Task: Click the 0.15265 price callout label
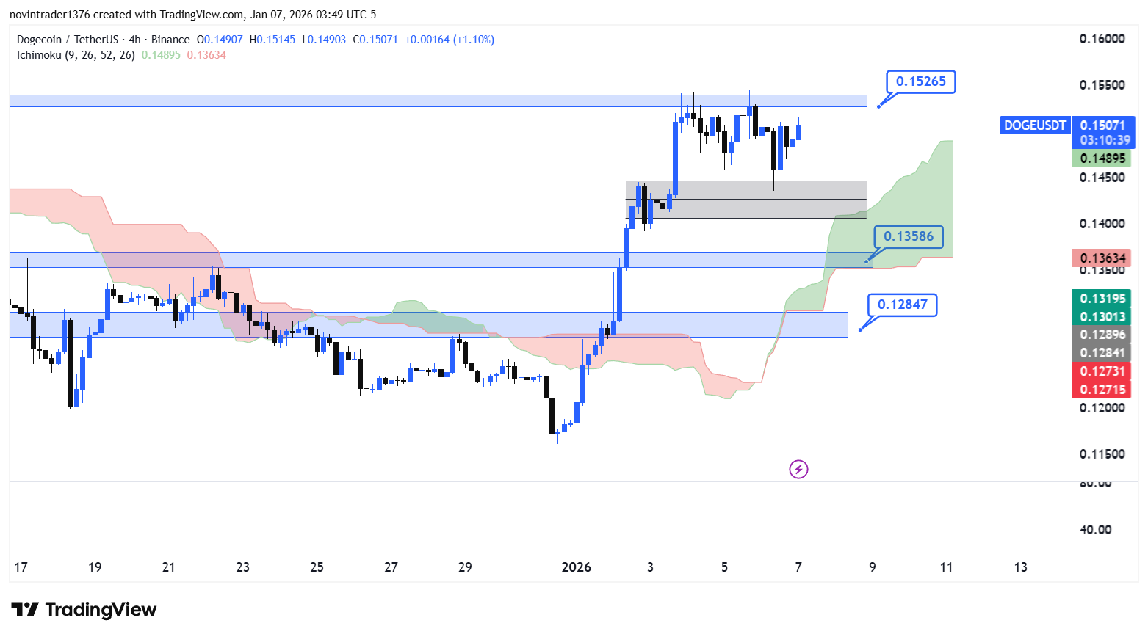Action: (x=921, y=81)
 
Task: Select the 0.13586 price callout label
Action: (x=909, y=236)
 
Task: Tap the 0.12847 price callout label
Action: (x=903, y=305)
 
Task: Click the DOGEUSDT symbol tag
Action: (x=1035, y=125)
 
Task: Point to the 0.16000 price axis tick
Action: (x=1102, y=39)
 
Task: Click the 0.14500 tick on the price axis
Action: (x=1102, y=178)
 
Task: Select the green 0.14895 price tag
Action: (x=1102, y=159)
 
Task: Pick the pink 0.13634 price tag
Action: (x=1102, y=258)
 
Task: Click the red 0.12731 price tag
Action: (x=1102, y=371)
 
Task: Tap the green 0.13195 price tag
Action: (x=1102, y=298)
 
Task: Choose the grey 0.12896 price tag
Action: (x=1102, y=335)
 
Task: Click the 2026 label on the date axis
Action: (x=576, y=567)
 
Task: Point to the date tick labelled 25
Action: (x=317, y=567)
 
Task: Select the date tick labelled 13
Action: (x=1020, y=567)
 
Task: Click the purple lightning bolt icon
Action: (x=798, y=469)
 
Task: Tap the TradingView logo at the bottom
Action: (x=84, y=610)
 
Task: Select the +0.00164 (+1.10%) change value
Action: (x=450, y=40)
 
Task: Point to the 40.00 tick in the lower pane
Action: (x=1095, y=530)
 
